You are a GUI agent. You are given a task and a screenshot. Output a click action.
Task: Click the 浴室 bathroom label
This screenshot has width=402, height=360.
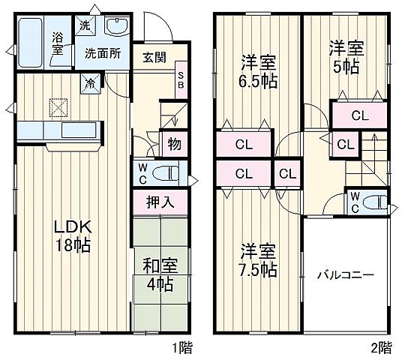58,43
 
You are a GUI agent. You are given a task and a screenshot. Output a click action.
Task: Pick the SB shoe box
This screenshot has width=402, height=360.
181,80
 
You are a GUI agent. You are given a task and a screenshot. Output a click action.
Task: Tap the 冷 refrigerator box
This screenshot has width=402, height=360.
89,82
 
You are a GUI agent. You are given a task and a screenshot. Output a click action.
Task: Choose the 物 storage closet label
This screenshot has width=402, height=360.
173,144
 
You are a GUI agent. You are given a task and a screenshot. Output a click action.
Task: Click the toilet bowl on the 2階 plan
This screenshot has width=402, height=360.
375,201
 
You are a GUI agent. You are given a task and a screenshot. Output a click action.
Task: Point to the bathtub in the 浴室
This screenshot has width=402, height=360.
31,43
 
